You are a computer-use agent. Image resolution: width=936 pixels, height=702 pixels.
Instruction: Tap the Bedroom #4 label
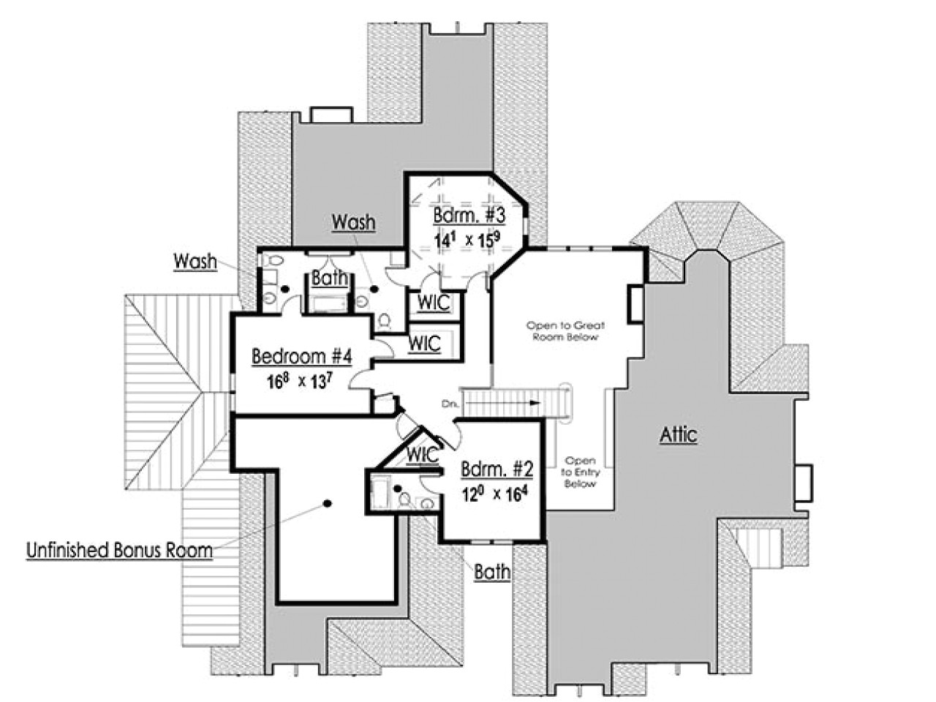click(x=302, y=357)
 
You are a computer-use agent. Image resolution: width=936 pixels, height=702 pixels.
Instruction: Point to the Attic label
click(x=679, y=435)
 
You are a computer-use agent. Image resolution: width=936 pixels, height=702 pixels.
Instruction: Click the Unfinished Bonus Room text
click(x=119, y=550)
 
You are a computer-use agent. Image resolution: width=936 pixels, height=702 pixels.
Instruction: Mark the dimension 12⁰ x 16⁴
click(x=494, y=494)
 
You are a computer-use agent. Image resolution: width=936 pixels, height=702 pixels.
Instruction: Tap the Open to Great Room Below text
click(x=566, y=331)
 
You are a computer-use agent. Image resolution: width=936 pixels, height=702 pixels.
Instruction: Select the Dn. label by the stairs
click(x=450, y=403)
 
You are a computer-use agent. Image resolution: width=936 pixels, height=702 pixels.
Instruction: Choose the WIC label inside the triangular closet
click(x=423, y=455)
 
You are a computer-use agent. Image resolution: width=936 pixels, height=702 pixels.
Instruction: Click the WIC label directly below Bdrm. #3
click(x=434, y=303)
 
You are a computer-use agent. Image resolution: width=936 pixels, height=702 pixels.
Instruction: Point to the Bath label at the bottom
click(x=492, y=572)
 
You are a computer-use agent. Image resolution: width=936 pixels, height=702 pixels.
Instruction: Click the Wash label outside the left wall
click(x=195, y=261)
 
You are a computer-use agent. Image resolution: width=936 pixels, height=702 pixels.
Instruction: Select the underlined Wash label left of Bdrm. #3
click(x=353, y=222)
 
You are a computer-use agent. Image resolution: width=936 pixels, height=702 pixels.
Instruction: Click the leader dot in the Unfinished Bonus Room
click(x=327, y=502)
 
